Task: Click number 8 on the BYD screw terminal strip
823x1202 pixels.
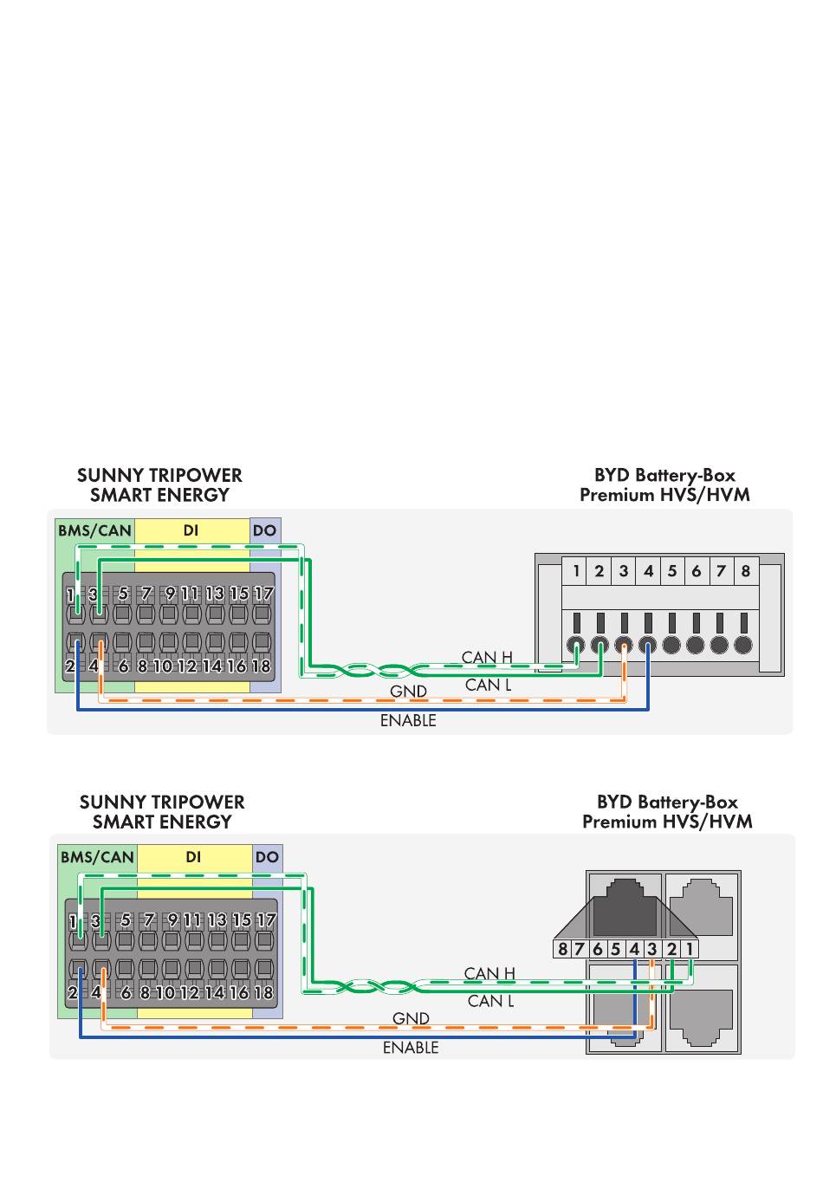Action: [x=745, y=572]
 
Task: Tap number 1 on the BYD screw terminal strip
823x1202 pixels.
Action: [x=576, y=572]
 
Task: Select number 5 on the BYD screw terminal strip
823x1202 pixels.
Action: [x=672, y=572]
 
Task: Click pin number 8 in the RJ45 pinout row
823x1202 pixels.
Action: [x=562, y=949]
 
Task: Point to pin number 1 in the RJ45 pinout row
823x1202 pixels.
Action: [x=690, y=949]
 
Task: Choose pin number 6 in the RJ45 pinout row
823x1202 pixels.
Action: [x=598, y=949]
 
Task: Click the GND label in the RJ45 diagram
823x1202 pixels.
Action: [x=411, y=1018]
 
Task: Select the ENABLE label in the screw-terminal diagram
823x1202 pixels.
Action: [x=408, y=721]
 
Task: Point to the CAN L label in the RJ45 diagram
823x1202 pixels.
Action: [x=490, y=1001]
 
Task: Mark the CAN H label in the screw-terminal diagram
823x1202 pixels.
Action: [x=487, y=658]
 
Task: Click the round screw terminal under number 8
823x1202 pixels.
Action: [x=742, y=646]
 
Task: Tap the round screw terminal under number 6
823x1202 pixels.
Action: [x=695, y=646]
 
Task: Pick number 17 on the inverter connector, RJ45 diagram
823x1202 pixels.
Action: [x=267, y=920]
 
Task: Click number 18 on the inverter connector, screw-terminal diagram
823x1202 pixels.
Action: [x=261, y=667]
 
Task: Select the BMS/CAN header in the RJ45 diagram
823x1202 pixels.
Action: [x=97, y=858]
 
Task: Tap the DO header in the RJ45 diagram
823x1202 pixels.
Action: [x=267, y=858]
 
